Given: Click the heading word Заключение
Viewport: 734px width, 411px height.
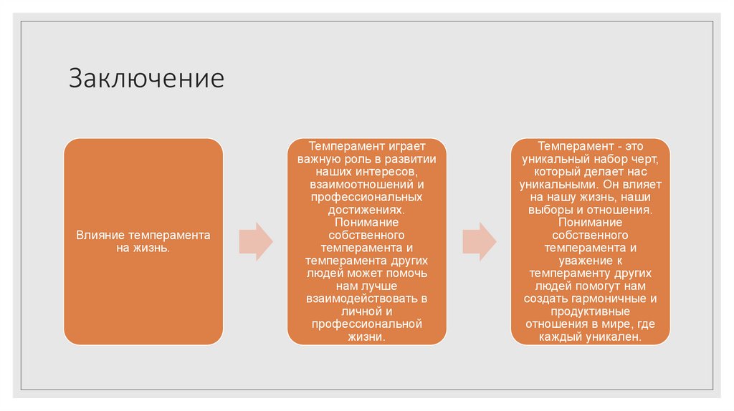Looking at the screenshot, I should click(146, 78).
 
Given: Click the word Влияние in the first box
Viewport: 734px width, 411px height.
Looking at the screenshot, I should click(97, 235).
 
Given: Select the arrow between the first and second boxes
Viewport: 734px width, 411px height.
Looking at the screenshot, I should click(254, 241).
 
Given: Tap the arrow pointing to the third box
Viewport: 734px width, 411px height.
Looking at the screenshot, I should click(479, 241).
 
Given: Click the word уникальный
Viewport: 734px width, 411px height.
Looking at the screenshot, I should click(554, 159).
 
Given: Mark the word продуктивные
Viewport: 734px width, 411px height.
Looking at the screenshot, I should click(591, 311).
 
